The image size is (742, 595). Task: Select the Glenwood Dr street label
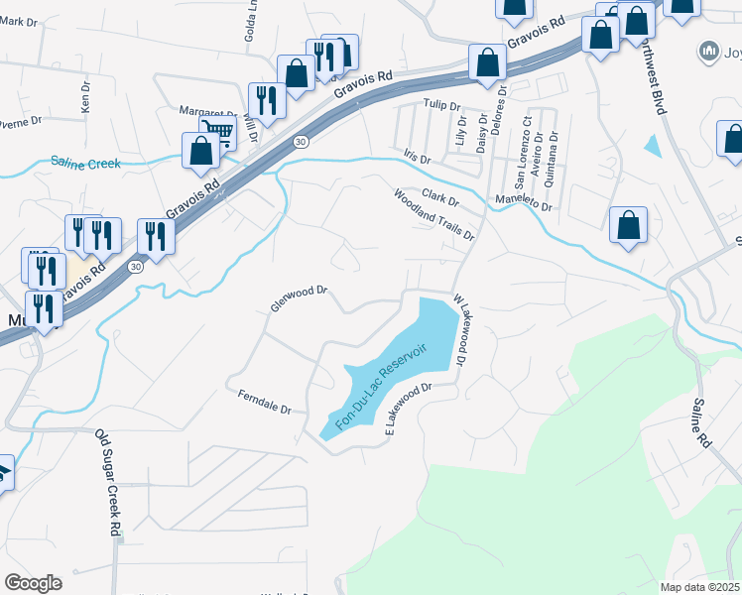click(x=299, y=298)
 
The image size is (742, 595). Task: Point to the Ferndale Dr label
click(x=263, y=402)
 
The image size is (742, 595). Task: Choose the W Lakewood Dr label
click(x=459, y=329)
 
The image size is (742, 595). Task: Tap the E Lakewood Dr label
click(x=411, y=410)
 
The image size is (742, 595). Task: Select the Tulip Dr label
click(x=442, y=104)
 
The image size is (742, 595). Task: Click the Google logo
click(x=33, y=583)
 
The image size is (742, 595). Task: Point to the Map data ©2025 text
click(x=700, y=587)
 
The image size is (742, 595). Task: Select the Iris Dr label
click(x=418, y=158)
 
